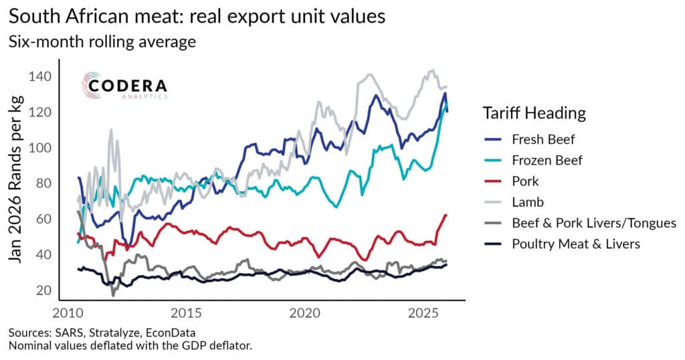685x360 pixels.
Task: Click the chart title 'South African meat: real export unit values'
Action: (197, 17)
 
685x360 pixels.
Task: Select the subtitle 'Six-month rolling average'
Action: (102, 42)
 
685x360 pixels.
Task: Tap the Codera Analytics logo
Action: (124, 86)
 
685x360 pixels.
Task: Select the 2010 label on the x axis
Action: (70, 312)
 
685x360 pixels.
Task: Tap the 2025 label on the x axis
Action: (423, 312)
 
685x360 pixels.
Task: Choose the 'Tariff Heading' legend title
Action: (534, 113)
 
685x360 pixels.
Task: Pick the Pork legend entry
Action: (525, 181)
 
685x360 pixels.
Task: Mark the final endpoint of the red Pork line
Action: (446, 215)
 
